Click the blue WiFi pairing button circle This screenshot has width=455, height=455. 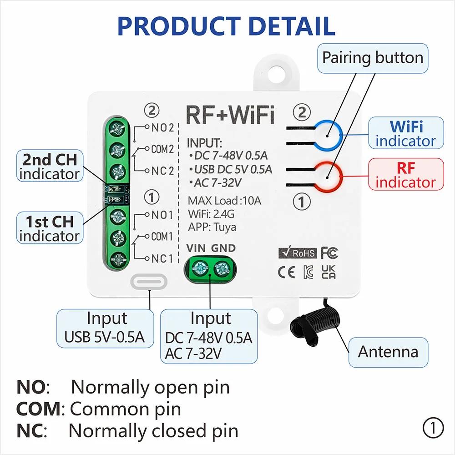(329, 135)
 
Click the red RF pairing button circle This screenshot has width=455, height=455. (329, 177)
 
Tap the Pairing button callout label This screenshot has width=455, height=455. (373, 58)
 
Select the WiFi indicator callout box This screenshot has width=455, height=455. (405, 133)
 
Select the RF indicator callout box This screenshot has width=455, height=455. (405, 175)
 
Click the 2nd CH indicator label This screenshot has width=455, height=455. (50, 166)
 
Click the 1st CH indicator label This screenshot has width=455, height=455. (50, 228)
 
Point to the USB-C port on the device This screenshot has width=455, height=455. (148, 282)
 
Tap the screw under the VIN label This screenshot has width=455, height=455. (200, 268)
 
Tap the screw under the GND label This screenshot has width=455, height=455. (222, 268)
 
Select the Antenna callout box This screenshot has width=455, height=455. (388, 352)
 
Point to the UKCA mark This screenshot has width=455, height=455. (329, 272)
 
